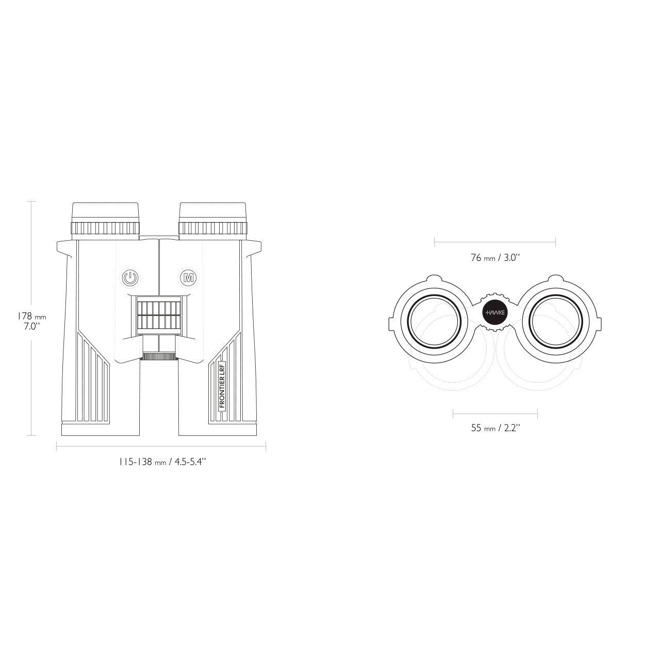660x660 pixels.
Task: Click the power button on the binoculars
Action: click(x=130, y=278)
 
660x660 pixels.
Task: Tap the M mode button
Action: click(x=188, y=277)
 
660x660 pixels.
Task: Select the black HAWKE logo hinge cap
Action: click(x=495, y=312)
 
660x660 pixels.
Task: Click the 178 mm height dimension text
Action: click(x=31, y=316)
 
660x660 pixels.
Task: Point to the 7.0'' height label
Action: click(x=31, y=327)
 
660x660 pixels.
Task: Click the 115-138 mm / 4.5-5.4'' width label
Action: click(x=162, y=462)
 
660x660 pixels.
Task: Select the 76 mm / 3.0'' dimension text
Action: click(x=495, y=258)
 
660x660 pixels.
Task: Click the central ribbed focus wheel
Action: click(x=159, y=316)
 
